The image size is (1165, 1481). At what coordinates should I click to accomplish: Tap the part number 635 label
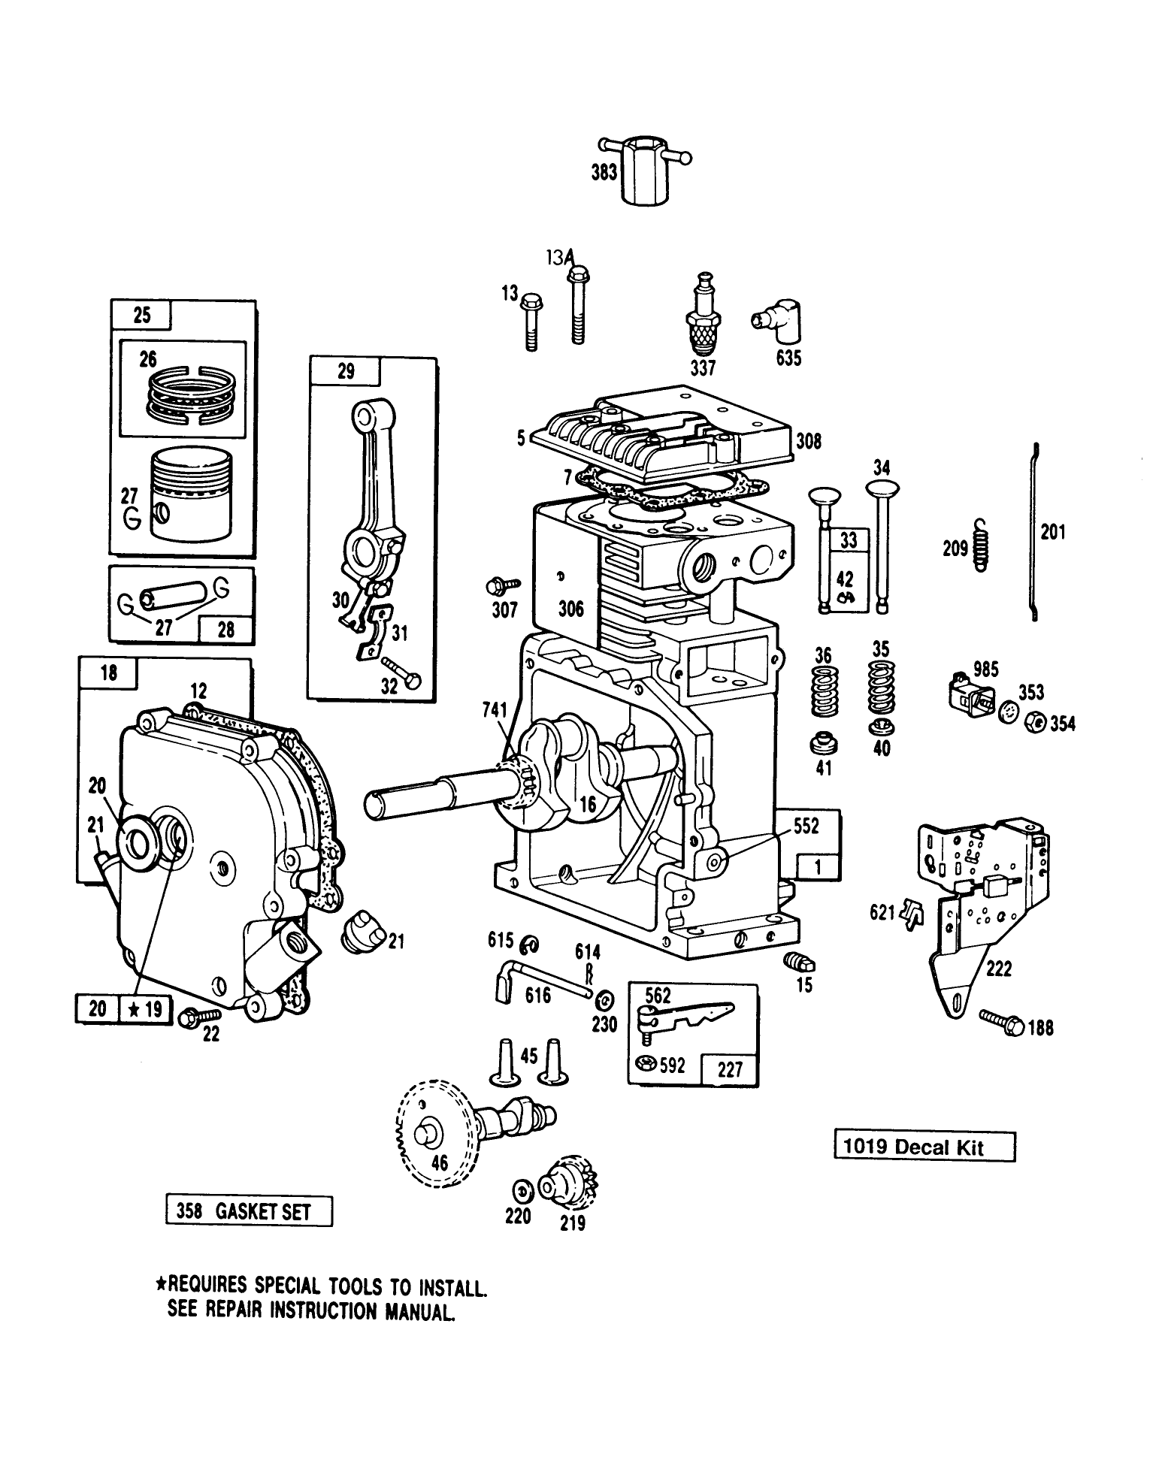pyautogui.click(x=788, y=358)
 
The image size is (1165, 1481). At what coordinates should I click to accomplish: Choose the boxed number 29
pyautogui.click(x=346, y=371)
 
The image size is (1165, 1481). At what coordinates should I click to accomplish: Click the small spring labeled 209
pyautogui.click(x=979, y=545)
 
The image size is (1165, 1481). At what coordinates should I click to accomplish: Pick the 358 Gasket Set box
pyautogui.click(x=249, y=1212)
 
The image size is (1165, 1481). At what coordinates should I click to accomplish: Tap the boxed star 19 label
pyautogui.click(x=146, y=1008)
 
